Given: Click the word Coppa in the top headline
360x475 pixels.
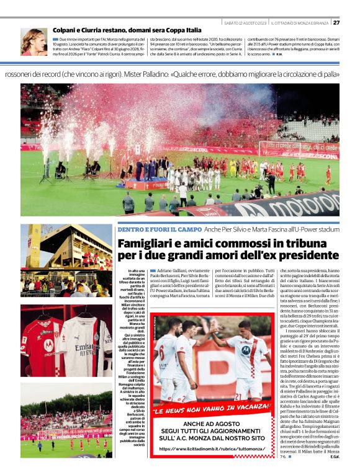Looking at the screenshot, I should coord(176,30).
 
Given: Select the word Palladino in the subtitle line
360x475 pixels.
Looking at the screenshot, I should coord(198,74).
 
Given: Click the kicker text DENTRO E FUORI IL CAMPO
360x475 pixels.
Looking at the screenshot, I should coord(161,231).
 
